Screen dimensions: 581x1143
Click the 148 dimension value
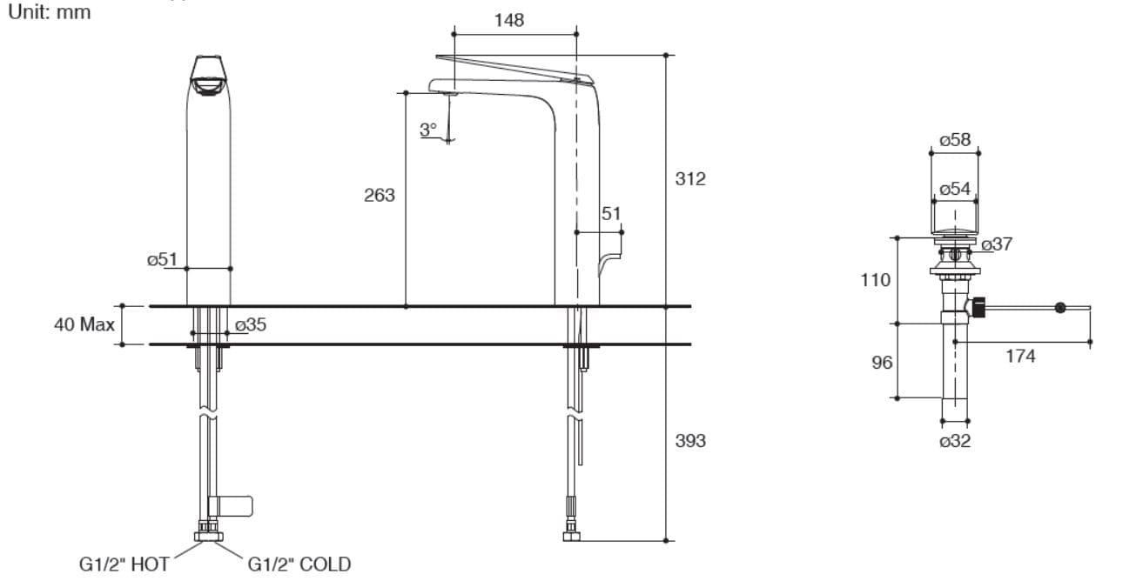click(509, 20)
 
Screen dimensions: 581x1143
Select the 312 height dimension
click(690, 179)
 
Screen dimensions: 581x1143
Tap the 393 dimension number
click(690, 441)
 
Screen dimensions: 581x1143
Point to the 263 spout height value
click(379, 195)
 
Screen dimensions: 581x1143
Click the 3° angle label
click(427, 130)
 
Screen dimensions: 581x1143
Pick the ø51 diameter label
click(162, 259)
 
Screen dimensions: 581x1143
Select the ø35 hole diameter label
click(251, 324)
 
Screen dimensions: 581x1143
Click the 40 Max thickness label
click(84, 325)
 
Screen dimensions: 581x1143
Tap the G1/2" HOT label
click(124, 564)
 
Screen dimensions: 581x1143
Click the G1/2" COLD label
click(299, 564)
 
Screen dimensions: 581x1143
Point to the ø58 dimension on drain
click(955, 139)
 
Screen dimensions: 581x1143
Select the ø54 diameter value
click(955, 189)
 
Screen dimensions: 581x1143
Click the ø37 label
click(997, 244)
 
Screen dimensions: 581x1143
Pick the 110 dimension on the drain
click(875, 280)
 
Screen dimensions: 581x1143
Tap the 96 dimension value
click(882, 362)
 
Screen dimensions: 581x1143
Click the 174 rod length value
click(1020, 356)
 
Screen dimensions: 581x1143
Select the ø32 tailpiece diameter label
click(955, 441)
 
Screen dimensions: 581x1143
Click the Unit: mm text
click(49, 13)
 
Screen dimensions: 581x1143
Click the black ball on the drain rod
click(1059, 307)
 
